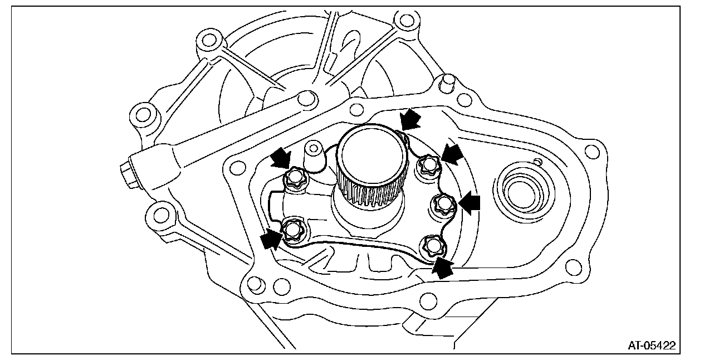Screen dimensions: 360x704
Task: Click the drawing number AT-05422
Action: coord(651,346)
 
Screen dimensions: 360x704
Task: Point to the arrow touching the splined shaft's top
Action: coord(411,119)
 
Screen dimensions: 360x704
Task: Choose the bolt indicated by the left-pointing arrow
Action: coord(444,205)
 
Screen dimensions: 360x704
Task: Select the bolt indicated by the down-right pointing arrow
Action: coord(294,178)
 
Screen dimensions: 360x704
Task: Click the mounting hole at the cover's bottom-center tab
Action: coord(428,301)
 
